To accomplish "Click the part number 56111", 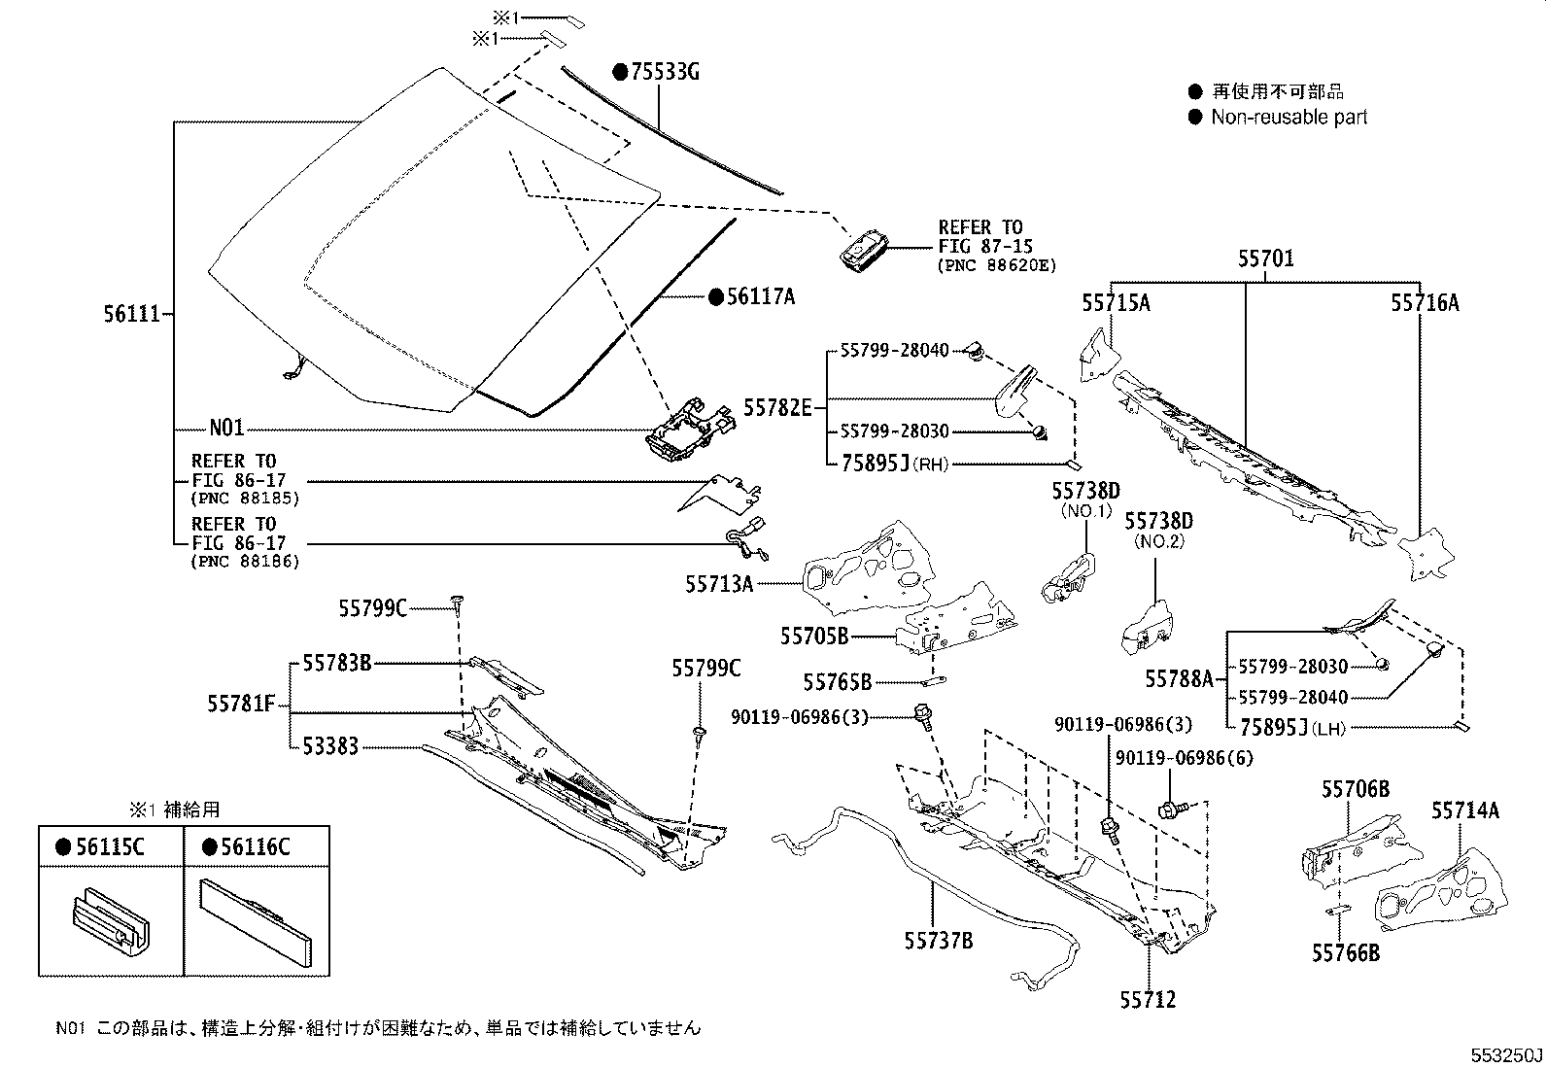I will click(130, 314).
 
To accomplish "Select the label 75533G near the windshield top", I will click(665, 71).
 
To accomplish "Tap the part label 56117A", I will click(760, 296).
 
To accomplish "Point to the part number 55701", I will click(1265, 259).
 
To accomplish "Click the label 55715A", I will click(1116, 303).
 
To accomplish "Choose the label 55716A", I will click(1425, 303).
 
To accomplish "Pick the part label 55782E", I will click(777, 407).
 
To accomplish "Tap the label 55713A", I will click(719, 583).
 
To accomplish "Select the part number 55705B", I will click(813, 636).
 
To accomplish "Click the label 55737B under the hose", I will click(939, 940).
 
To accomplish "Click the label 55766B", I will click(1345, 953).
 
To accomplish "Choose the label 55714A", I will click(1464, 810).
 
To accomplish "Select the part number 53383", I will click(329, 746).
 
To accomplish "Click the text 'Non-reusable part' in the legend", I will click(1289, 117).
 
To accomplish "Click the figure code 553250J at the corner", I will click(1505, 1054).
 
